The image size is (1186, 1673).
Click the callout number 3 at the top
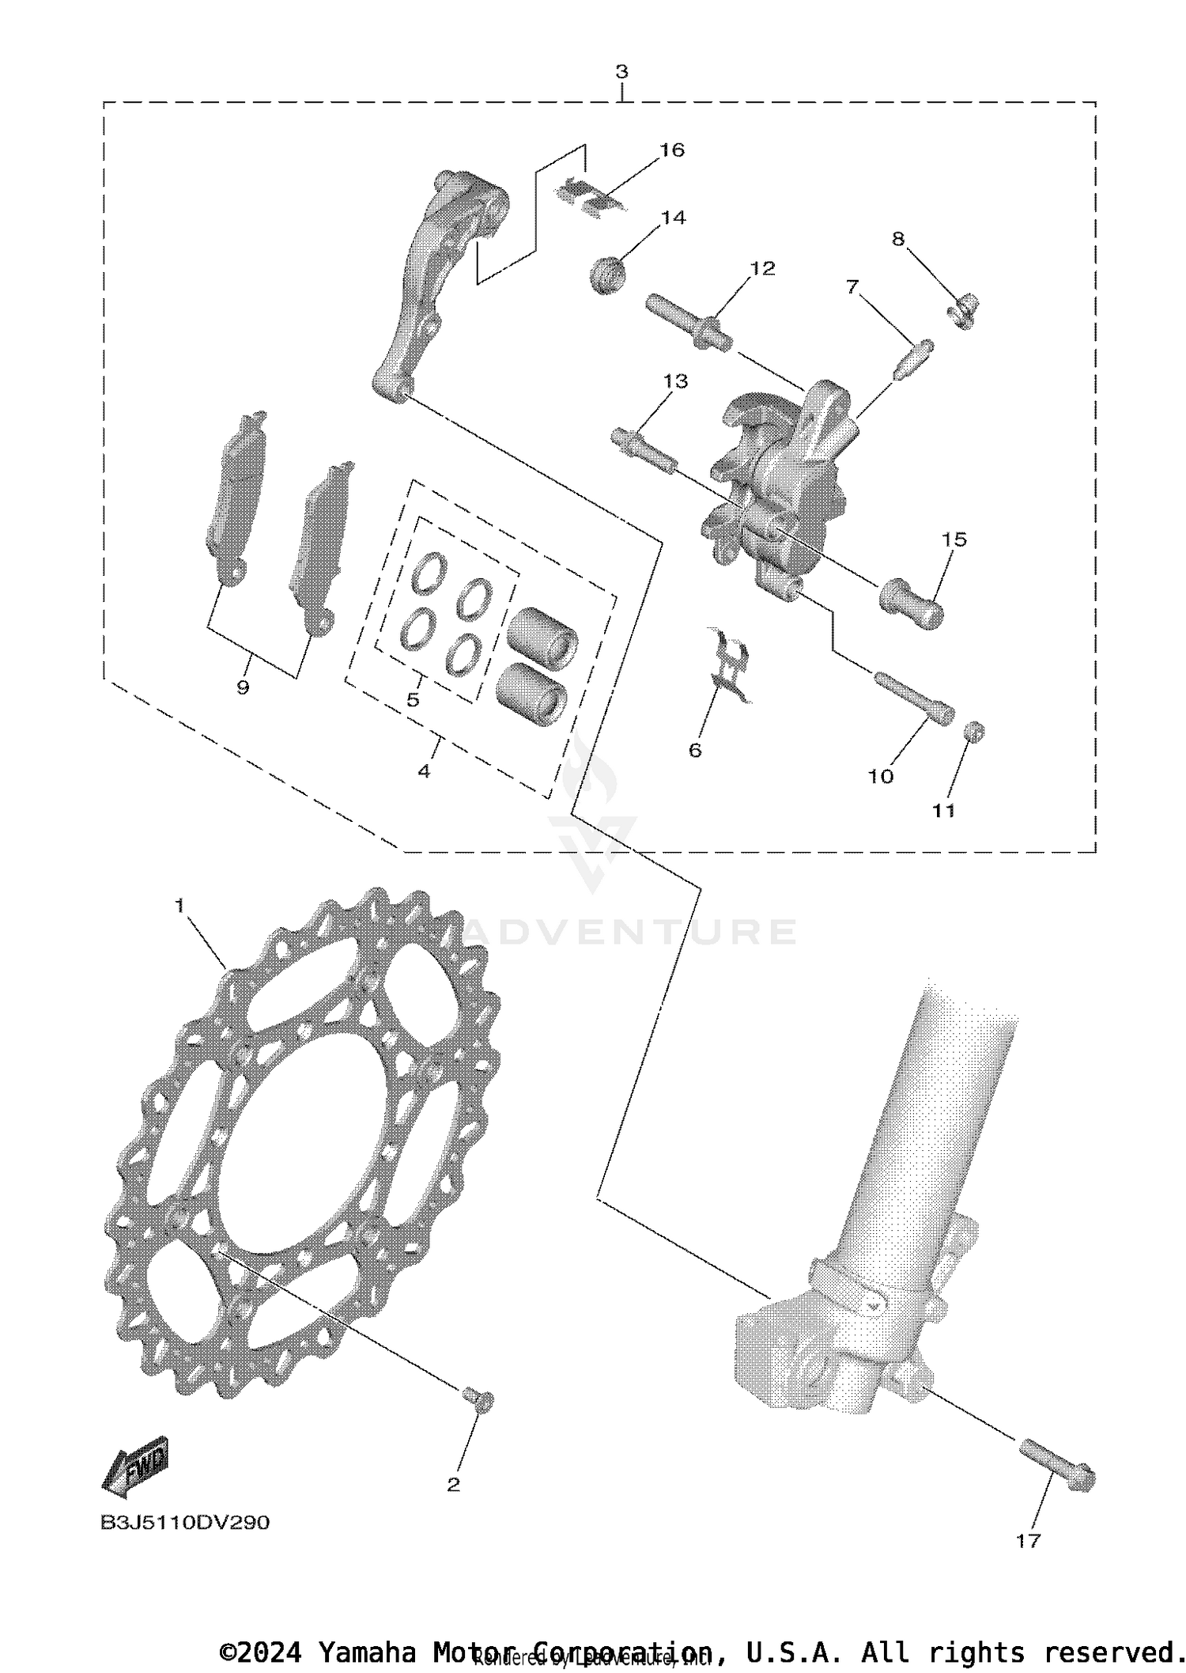click(x=621, y=72)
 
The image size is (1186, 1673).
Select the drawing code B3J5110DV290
click(x=185, y=1523)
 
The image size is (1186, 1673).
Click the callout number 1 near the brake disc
click(x=179, y=905)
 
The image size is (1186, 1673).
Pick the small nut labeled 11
click(x=975, y=731)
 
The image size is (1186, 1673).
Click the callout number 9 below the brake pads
click(x=243, y=688)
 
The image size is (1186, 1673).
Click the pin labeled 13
click(x=644, y=449)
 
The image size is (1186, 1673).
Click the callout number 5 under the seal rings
click(x=413, y=700)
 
